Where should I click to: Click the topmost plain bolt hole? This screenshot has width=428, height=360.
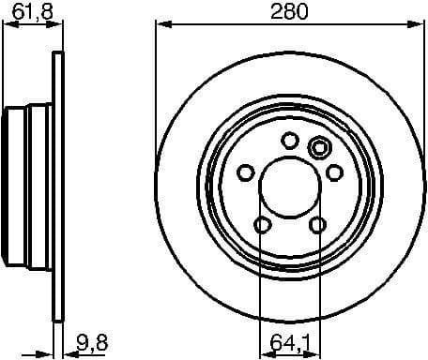(x=290, y=141)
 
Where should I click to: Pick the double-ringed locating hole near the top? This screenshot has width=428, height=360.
(x=318, y=147)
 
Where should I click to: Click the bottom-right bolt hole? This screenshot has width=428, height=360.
(x=317, y=223)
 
